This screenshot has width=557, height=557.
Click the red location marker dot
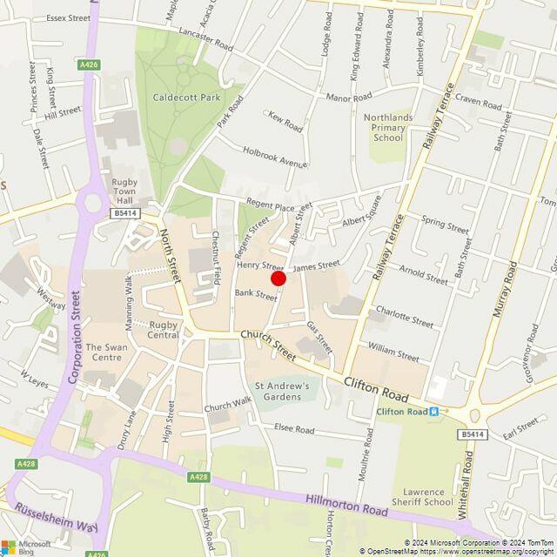pos(278,278)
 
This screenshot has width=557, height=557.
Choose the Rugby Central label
pos(163,329)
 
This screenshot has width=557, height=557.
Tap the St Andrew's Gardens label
pos(282,391)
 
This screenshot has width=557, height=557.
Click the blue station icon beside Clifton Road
pos(444,412)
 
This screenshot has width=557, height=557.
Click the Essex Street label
pos(69,17)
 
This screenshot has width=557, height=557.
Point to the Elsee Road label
pos(293,429)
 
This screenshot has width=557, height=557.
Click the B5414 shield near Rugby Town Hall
pos(124,212)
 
